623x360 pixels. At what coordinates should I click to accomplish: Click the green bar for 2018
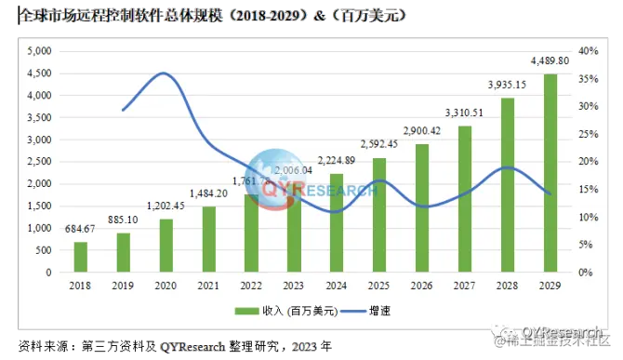coord(81,258)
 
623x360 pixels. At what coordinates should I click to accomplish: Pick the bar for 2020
coord(166,246)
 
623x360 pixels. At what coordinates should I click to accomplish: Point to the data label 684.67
coord(81,230)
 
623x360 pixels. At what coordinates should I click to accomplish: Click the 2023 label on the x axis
coord(295,286)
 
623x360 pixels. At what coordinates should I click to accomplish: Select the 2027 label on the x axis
coord(465,286)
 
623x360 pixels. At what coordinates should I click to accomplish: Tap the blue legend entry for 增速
coord(358,309)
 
